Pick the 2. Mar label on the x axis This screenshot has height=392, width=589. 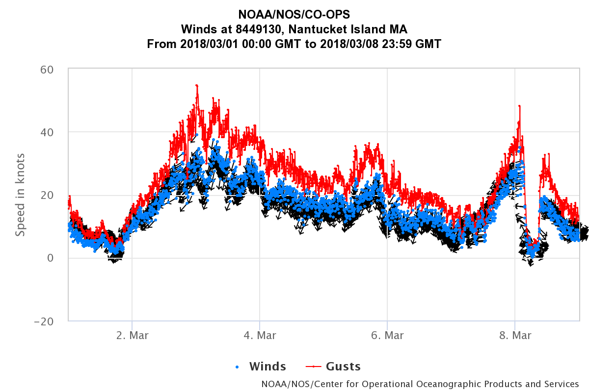132,336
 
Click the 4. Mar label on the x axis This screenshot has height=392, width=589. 260,336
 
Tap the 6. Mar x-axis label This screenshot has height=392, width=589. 387,336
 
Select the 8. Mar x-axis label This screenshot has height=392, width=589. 514,336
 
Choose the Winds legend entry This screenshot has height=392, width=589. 267,367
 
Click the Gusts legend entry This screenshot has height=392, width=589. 343,367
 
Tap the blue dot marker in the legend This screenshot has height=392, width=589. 238,367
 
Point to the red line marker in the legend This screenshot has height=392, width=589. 313,367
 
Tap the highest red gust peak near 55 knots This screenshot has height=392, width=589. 196,86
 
